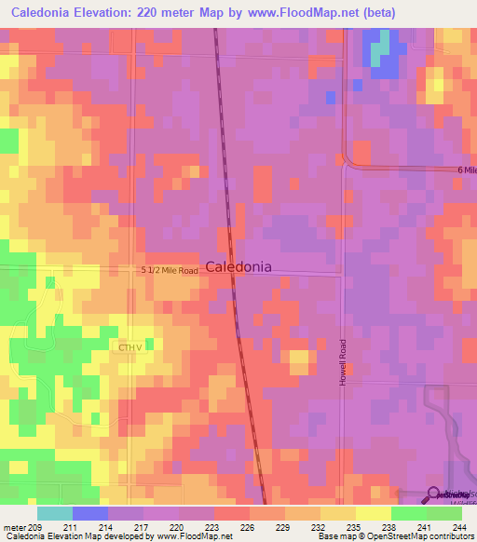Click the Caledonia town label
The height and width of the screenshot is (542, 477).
[x=238, y=266]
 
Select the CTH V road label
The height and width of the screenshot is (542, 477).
[x=129, y=347]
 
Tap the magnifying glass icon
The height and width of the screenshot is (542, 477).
[x=434, y=496]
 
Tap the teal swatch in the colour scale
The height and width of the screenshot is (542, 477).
[x=54, y=512]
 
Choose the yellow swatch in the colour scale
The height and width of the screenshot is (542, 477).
[x=372, y=512]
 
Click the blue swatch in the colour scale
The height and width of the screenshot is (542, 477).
[x=89, y=512]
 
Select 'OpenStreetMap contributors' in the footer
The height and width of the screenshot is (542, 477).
[x=419, y=536]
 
